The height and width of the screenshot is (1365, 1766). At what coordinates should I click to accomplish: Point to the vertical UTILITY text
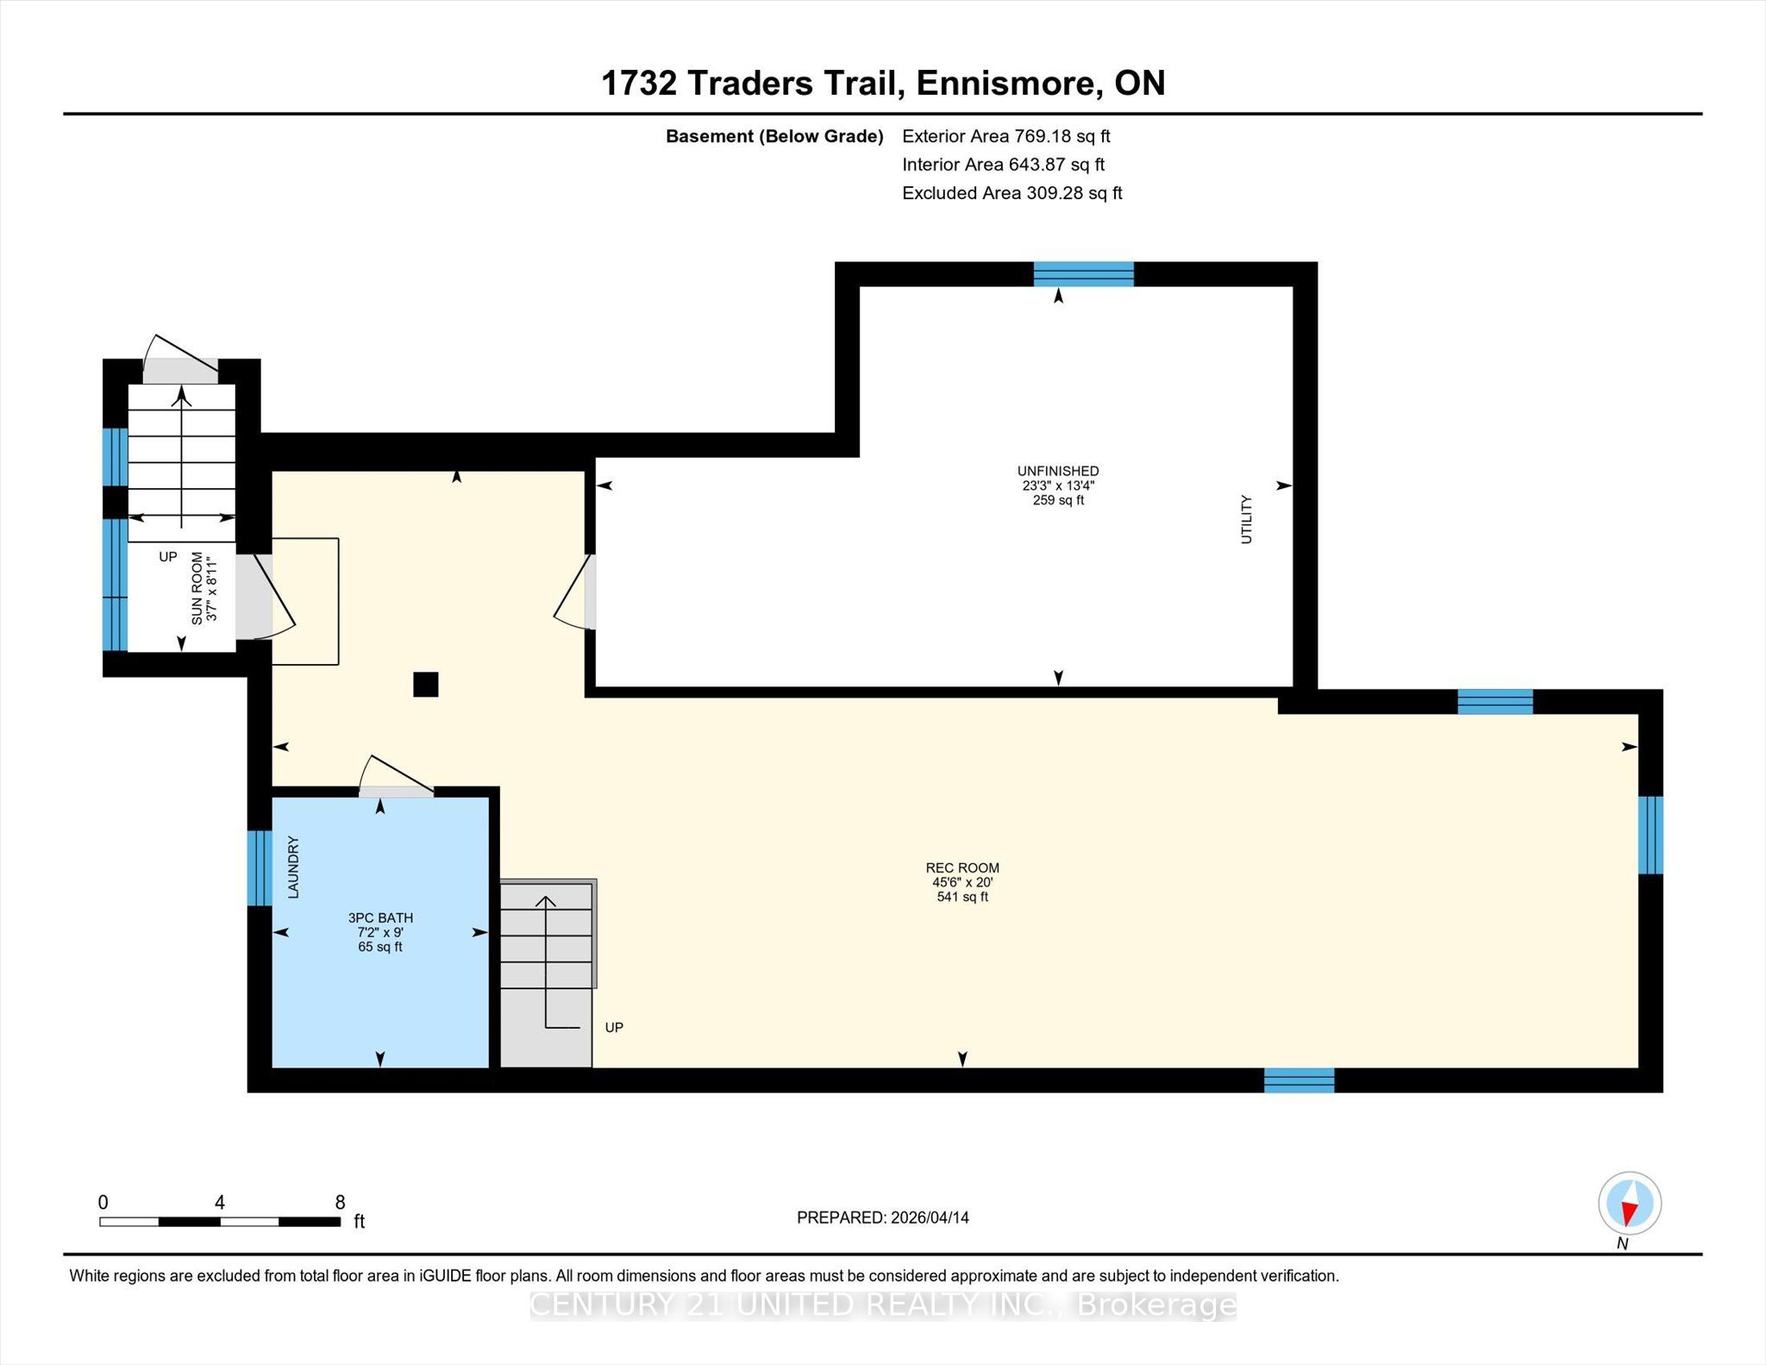[1246, 519]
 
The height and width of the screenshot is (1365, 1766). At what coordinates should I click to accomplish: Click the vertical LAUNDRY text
[293, 867]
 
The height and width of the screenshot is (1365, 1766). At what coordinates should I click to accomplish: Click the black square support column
[426, 685]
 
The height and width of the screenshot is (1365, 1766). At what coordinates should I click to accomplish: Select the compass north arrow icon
[1629, 1204]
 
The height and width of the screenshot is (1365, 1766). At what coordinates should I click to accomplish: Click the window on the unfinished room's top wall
[1084, 274]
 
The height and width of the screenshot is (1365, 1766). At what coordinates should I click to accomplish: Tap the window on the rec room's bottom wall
[1299, 1080]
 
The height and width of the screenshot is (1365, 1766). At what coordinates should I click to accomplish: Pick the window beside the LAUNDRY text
[260, 868]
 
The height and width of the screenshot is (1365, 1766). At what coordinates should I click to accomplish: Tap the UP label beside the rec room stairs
[614, 1027]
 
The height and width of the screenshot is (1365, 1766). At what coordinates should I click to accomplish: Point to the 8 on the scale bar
[341, 1202]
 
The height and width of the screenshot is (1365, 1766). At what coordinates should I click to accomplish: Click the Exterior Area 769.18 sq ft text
[1006, 136]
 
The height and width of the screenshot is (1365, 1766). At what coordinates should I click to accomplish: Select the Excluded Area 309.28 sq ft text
[1012, 193]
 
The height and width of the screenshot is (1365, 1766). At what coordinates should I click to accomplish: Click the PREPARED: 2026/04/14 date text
[883, 1218]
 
